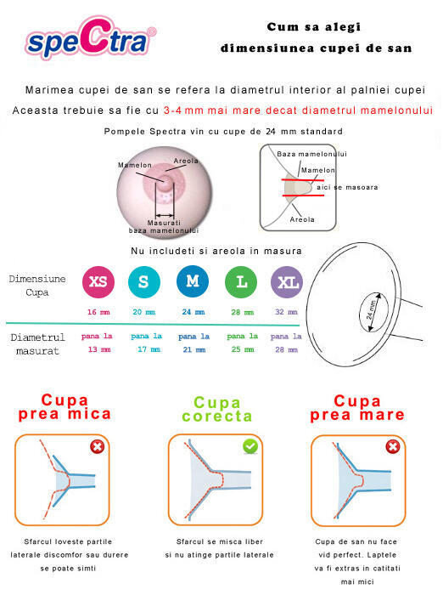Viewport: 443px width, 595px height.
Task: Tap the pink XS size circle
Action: tap(98, 282)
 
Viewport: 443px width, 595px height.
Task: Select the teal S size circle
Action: tap(143, 282)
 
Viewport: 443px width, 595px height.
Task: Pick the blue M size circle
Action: tap(193, 282)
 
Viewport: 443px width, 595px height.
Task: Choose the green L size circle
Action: tap(241, 282)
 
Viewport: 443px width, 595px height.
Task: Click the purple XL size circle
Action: tap(286, 282)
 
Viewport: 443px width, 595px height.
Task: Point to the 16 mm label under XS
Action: tap(98, 312)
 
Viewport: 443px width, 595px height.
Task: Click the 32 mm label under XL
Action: tap(286, 312)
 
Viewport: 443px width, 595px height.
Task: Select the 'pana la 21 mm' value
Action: tap(193, 343)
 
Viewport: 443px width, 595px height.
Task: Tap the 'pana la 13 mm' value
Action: tap(98, 343)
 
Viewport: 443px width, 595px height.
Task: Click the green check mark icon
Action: tap(250, 446)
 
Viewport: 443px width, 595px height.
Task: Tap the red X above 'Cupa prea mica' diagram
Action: tap(98, 447)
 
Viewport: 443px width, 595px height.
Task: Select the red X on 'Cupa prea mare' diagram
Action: tap(393, 447)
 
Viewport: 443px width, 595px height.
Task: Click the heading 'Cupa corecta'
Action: tap(217, 409)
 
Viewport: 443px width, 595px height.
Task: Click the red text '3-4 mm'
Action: tap(184, 110)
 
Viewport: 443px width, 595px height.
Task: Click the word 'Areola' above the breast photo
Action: tap(186, 161)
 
